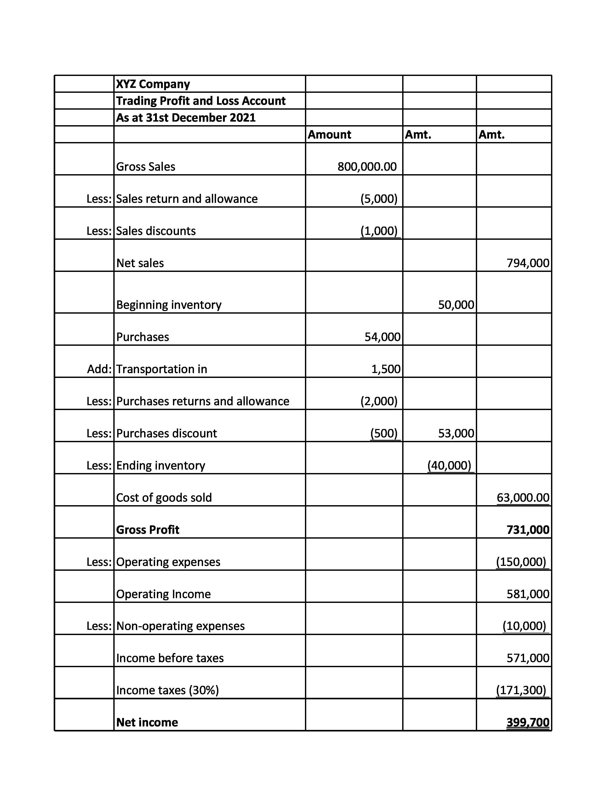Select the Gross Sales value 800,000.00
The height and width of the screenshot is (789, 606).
[x=367, y=167]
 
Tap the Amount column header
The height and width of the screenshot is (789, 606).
[x=329, y=135]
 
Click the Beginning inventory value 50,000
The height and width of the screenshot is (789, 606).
[x=456, y=305]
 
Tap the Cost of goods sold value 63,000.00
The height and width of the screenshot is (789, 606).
[x=523, y=498]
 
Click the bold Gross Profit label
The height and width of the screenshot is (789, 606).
[x=148, y=530]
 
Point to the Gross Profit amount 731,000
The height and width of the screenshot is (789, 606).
[x=528, y=530]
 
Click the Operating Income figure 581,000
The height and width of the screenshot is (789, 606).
[x=528, y=594]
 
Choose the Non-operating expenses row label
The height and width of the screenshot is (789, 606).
[x=180, y=626]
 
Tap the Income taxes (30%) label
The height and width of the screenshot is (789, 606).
[x=167, y=690]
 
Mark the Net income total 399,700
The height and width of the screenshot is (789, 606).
[x=528, y=722]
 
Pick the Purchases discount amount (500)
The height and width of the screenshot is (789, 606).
[x=384, y=433]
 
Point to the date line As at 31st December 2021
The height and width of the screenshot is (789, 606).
[x=186, y=118]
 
